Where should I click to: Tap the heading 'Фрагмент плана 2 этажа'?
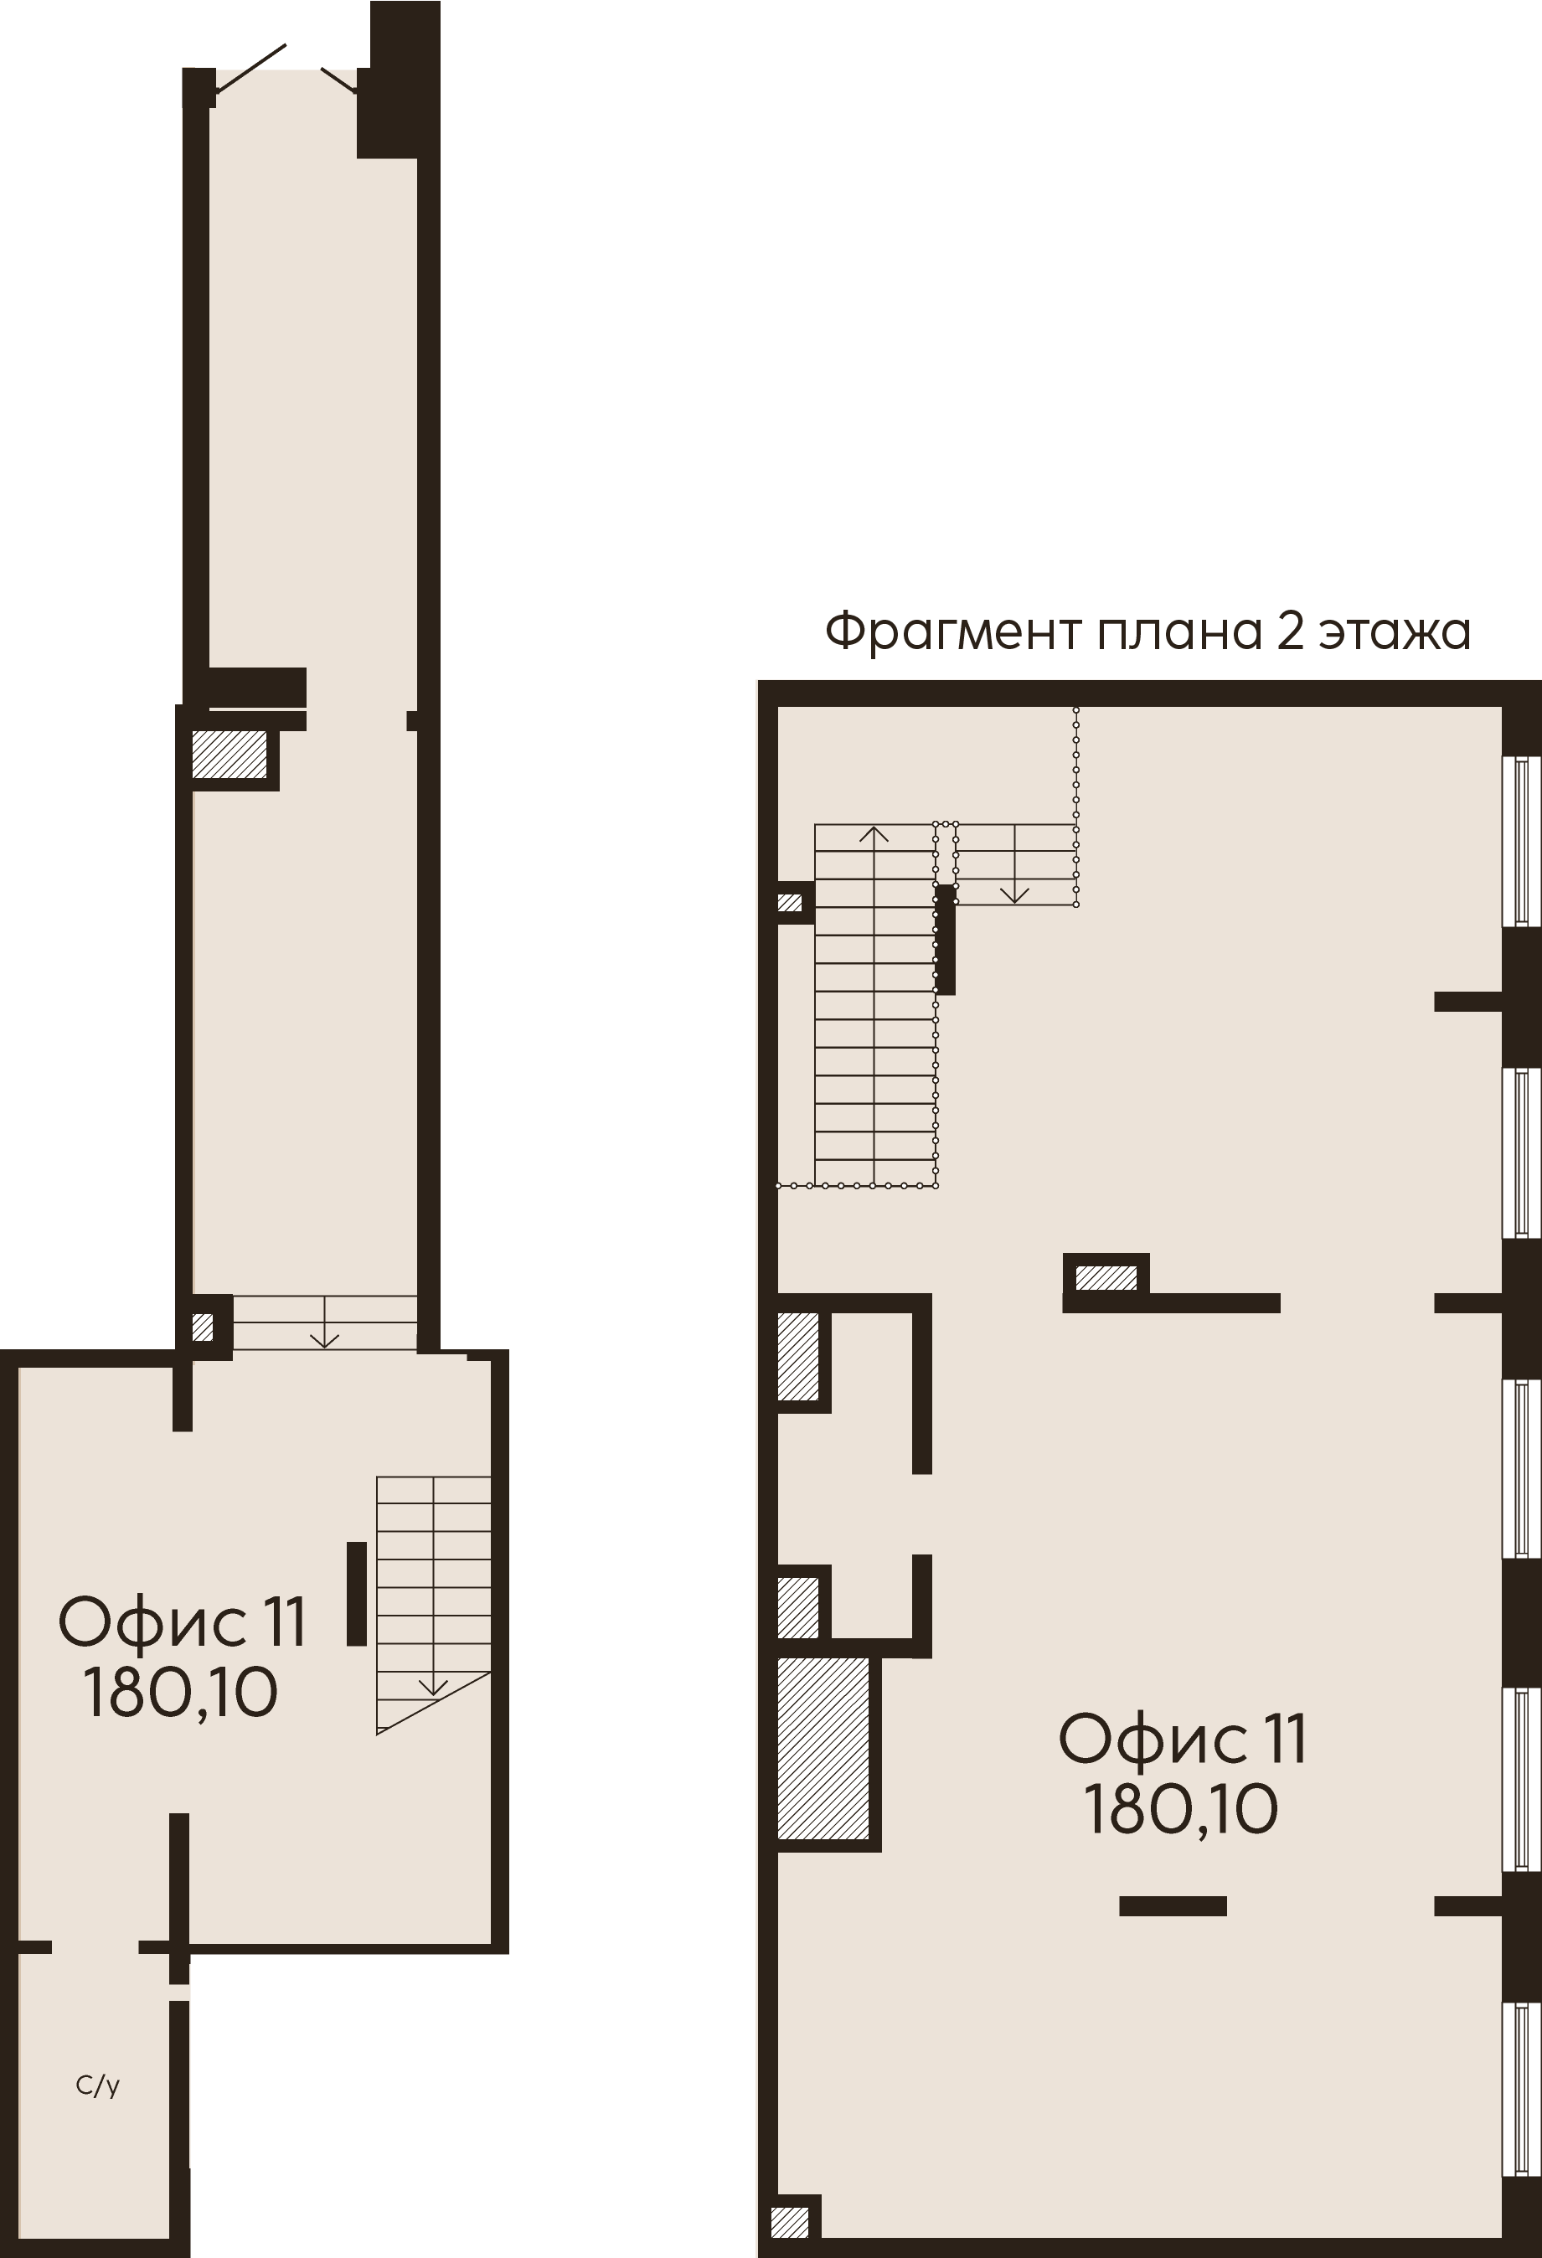(1147, 632)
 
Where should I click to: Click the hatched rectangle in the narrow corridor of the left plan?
(229, 754)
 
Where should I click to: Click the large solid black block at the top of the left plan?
(399, 80)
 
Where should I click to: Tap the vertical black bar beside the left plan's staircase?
(357, 1594)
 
